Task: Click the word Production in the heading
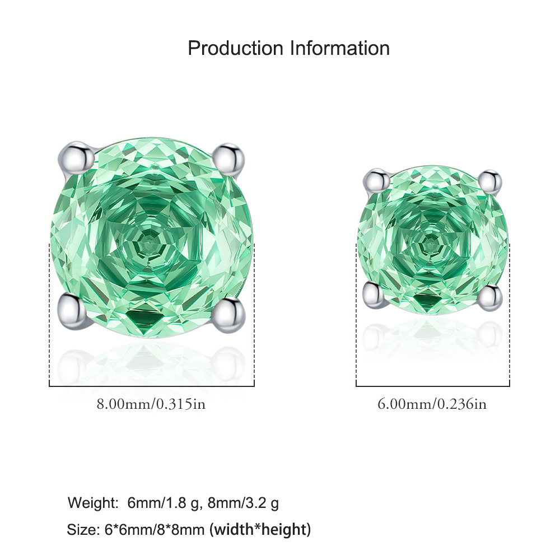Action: [x=236, y=48]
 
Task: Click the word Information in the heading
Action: [x=340, y=48]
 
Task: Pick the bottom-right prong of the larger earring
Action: [x=229, y=314]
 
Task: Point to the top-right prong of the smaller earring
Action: [x=491, y=181]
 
